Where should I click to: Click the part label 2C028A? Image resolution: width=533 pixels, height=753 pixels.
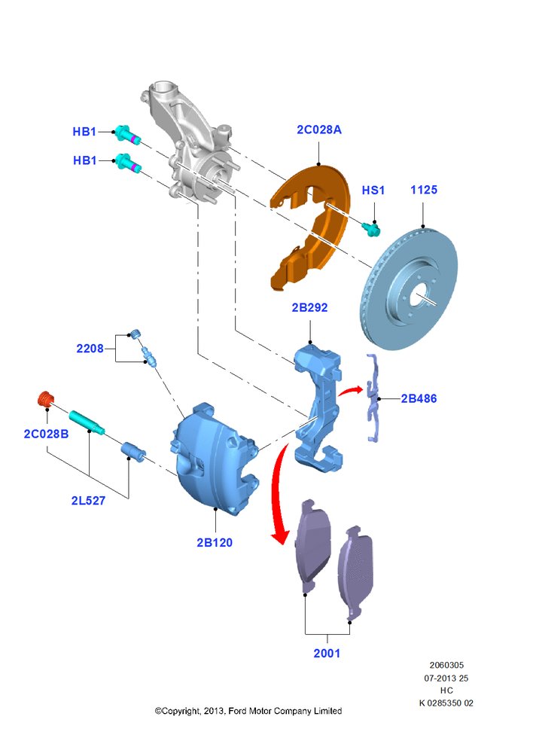[319, 130]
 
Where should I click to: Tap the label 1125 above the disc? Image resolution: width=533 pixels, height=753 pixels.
[424, 190]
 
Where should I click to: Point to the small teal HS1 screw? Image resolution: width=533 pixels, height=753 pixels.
[371, 229]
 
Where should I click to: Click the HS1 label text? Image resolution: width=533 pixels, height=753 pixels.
[373, 191]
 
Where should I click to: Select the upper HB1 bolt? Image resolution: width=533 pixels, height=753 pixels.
[126, 134]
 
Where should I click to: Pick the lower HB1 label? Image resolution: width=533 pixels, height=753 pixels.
[84, 160]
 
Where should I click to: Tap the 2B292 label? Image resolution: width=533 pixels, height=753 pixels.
[309, 307]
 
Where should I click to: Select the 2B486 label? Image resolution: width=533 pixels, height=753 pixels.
[419, 398]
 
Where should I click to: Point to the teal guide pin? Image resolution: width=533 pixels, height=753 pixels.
[87, 422]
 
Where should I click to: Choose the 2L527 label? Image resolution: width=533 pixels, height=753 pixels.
[88, 501]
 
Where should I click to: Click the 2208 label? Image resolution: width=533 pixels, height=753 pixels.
[90, 348]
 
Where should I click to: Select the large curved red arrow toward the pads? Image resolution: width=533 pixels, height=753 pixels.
[279, 495]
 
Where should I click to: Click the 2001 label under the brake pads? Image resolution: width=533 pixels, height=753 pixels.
[327, 653]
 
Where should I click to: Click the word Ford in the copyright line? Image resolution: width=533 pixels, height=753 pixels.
[236, 710]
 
